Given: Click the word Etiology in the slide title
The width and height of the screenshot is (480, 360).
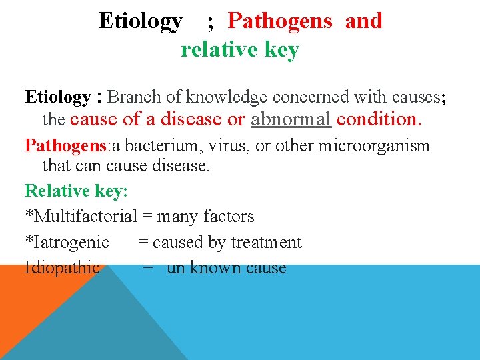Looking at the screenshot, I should click(x=140, y=21).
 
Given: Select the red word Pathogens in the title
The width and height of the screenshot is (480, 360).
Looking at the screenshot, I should click(x=279, y=21).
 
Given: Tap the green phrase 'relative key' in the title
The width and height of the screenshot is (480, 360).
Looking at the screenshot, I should click(x=240, y=50).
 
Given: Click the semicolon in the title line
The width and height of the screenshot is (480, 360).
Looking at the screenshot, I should click(x=211, y=23).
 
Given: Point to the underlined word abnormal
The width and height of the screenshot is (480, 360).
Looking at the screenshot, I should click(x=291, y=119).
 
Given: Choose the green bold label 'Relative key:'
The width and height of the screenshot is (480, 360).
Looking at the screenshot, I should click(x=76, y=191).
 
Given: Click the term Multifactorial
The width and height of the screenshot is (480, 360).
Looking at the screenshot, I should click(x=85, y=217).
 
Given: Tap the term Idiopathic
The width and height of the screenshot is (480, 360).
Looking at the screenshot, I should click(x=62, y=268).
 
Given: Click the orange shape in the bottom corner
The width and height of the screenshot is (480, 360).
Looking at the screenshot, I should click(x=27, y=320).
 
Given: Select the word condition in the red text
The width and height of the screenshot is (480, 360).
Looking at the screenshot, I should click(x=379, y=119).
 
